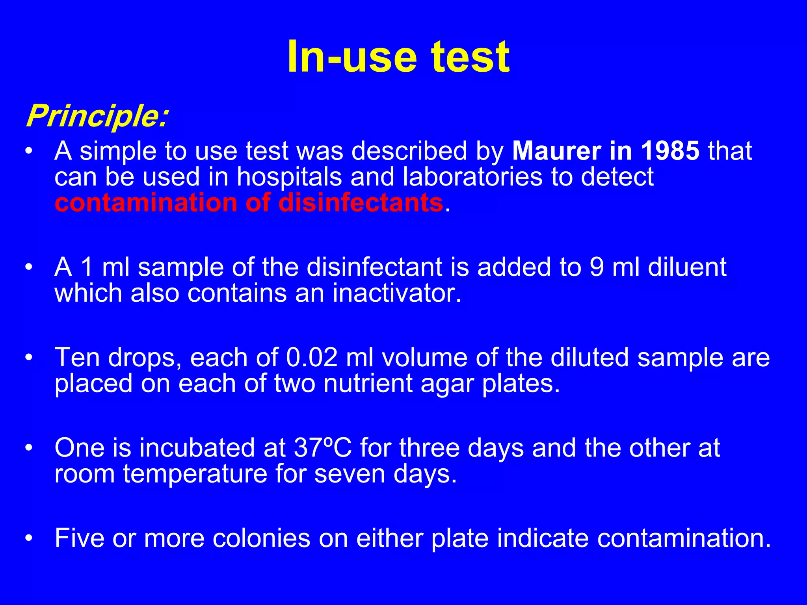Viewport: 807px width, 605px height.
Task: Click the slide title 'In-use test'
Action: coord(398,57)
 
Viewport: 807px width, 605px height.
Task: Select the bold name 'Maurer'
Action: coord(556,151)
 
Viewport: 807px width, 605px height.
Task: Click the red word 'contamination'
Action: coord(145,203)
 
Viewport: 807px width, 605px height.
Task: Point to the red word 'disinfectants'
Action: coord(361,203)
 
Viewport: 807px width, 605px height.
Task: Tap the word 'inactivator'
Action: coord(396,293)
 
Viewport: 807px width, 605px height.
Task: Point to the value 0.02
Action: coord(312,358)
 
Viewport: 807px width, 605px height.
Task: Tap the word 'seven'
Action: coord(350,474)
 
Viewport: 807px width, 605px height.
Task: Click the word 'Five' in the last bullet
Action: coord(79,538)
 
